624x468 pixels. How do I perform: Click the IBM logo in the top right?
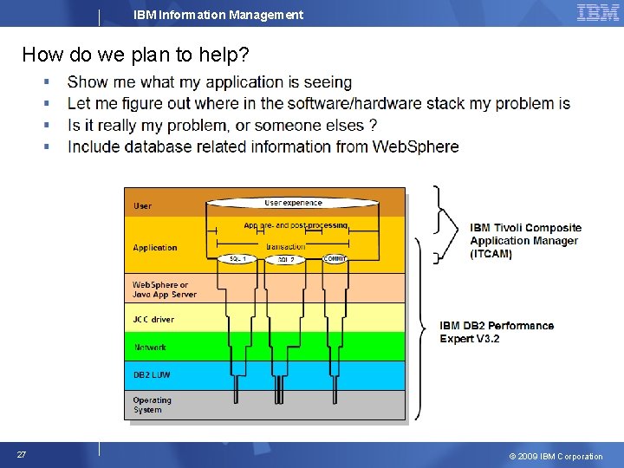pyautogui.click(x=597, y=12)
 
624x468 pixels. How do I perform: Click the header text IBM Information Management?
pyautogui.click(x=218, y=15)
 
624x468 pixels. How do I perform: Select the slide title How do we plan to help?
pyautogui.click(x=135, y=55)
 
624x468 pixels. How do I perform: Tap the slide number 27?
pyautogui.click(x=21, y=454)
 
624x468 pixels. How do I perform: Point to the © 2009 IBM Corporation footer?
pyautogui.click(x=556, y=456)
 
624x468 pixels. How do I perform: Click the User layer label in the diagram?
pyautogui.click(x=142, y=206)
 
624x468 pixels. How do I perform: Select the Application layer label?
pyautogui.click(x=155, y=248)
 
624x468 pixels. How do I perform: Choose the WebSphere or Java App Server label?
pyautogui.click(x=164, y=289)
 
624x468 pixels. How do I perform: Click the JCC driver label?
pyautogui.click(x=153, y=320)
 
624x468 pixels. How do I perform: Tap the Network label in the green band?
pyautogui.click(x=150, y=348)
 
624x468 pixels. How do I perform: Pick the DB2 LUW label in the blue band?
pyautogui.click(x=152, y=374)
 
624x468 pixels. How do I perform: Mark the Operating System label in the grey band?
pyautogui.click(x=152, y=405)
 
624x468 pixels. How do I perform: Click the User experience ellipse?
pyautogui.click(x=293, y=203)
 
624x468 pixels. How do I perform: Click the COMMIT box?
pyautogui.click(x=335, y=258)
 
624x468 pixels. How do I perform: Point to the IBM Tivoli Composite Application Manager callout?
pyautogui.click(x=525, y=241)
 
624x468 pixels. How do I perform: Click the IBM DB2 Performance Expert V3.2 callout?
pyautogui.click(x=496, y=332)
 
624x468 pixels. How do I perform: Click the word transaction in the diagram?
pyautogui.click(x=285, y=246)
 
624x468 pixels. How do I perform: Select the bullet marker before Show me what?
pyautogui.click(x=47, y=82)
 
